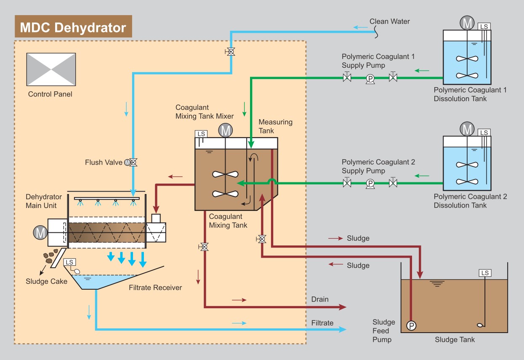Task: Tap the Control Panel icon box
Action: click(51, 69)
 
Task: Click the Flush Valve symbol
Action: click(133, 162)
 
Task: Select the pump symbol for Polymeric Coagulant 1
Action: click(370, 78)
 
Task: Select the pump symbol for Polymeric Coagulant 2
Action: click(370, 184)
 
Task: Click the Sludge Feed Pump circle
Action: click(410, 325)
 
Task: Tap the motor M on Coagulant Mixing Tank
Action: click(226, 131)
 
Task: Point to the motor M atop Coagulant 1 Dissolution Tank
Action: click(467, 24)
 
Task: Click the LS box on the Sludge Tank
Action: click(485, 273)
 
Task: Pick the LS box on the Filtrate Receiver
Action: click(69, 262)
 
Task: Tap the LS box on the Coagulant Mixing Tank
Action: click(201, 134)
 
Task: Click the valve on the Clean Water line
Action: click(230, 52)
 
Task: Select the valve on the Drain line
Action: click(205, 247)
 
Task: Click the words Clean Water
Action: click(389, 21)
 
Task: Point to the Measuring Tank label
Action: click(275, 126)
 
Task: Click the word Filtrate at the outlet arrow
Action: click(322, 323)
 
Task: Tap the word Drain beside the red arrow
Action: click(320, 299)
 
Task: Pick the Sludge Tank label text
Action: click(455, 339)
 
